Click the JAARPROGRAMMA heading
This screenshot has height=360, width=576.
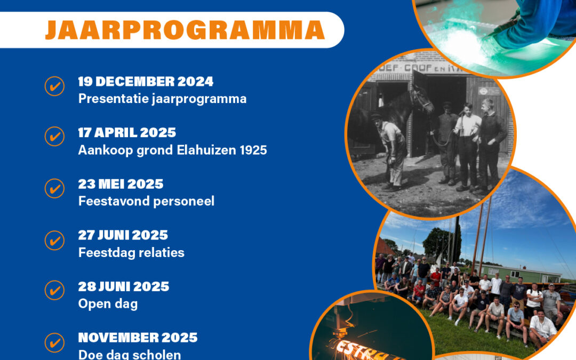pyautogui.click(x=185, y=30)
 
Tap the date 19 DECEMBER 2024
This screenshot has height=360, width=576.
pyautogui.click(x=146, y=82)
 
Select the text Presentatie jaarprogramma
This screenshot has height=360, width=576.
pyautogui.click(x=162, y=99)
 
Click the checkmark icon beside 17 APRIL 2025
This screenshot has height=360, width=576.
pyautogui.click(x=54, y=137)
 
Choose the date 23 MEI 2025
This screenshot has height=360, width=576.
pyautogui.click(x=121, y=184)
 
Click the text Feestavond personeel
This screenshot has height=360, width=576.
pyautogui.click(x=146, y=201)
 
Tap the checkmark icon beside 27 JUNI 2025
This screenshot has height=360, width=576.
pyautogui.click(x=54, y=240)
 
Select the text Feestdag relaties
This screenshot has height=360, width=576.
pyautogui.click(x=131, y=252)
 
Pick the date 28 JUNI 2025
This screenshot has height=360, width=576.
pyautogui.click(x=123, y=286)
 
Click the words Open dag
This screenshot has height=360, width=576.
pyautogui.click(x=108, y=303)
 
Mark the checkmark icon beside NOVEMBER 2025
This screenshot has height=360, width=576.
pyautogui.click(x=54, y=342)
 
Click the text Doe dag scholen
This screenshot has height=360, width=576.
pyautogui.click(x=130, y=354)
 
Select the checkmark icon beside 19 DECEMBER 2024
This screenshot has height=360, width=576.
pyautogui.click(x=54, y=86)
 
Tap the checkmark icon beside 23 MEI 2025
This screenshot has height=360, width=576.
pyautogui.click(x=54, y=189)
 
